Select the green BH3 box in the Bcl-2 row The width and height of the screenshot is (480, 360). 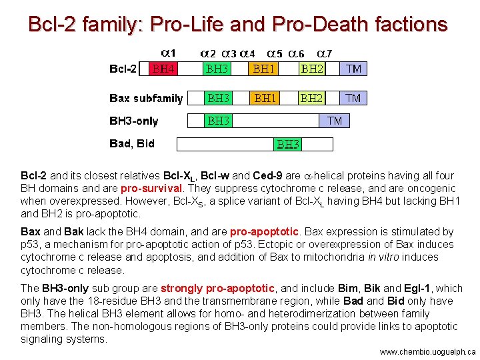218,69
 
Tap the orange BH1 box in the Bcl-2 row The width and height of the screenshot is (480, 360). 265,69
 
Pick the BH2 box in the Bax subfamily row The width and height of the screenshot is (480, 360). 311,99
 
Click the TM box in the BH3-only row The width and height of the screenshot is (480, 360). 335,121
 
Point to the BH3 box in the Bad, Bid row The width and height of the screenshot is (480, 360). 288,144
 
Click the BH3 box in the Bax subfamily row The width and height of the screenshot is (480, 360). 218,99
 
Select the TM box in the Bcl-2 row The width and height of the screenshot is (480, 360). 353,69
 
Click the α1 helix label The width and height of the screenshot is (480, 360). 169,52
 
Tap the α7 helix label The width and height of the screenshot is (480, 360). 325,52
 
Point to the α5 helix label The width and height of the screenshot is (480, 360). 275,52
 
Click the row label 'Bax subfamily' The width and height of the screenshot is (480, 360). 146,99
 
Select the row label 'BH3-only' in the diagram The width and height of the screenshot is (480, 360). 134,121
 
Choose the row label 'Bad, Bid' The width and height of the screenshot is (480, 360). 132,143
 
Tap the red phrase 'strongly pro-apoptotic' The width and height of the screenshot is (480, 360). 217,289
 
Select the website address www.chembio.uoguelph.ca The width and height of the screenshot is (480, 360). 427,351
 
